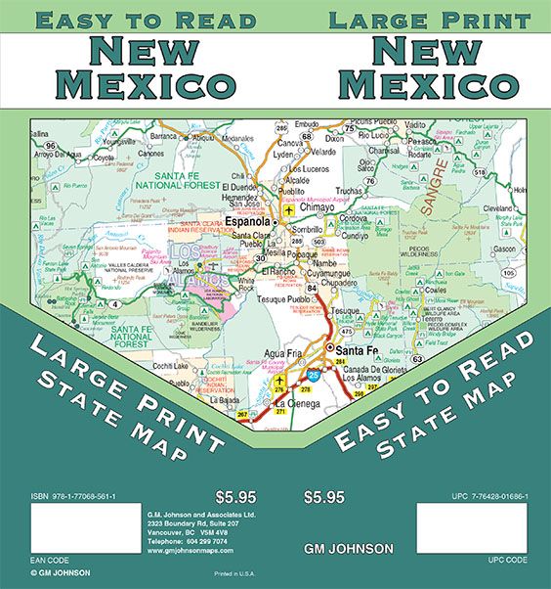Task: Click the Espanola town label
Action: (248, 222)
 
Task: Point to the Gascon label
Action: (504, 249)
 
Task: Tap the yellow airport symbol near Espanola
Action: (288, 209)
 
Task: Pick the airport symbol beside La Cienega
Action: (279, 381)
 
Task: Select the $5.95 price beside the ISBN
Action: (226, 497)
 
